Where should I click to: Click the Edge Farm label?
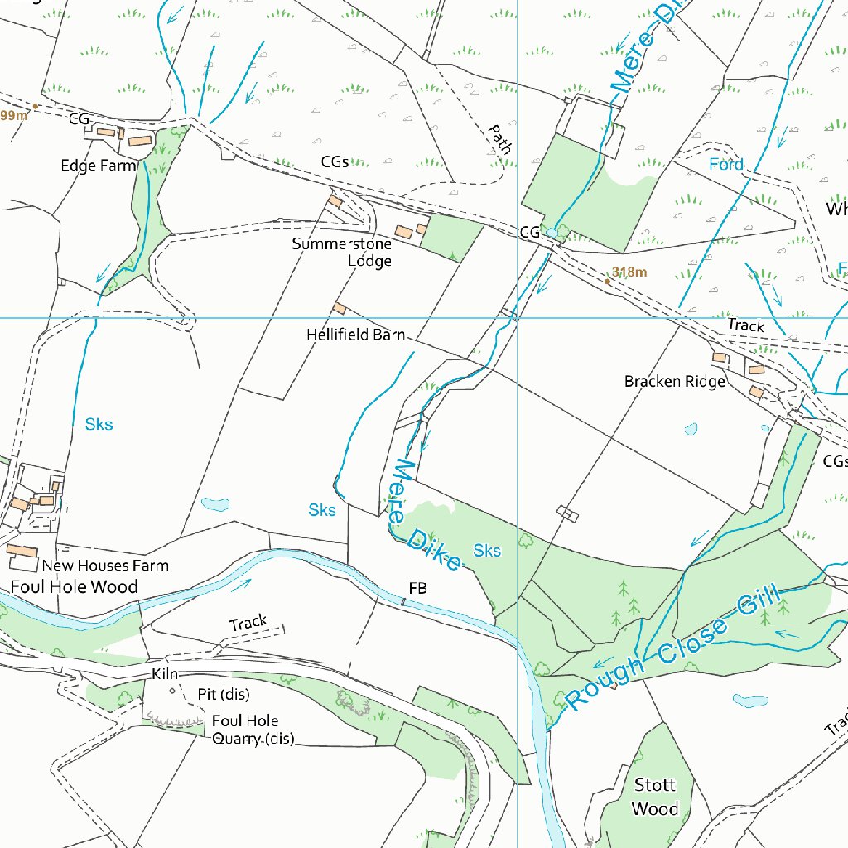98,166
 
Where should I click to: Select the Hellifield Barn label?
355,335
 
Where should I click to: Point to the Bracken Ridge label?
675,381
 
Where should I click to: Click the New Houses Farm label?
105,566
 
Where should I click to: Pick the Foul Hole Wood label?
74,587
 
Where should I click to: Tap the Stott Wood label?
655,797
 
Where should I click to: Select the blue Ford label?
726,165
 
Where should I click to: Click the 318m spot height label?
630,272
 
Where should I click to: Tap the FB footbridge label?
417,588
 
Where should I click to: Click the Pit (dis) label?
223,694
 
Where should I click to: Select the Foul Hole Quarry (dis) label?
248,730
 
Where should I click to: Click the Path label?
499,139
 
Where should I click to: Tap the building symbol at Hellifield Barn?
340,309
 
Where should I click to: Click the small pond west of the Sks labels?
214,503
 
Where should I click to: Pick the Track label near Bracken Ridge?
746,326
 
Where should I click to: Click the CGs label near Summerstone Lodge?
335,162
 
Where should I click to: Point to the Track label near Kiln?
248,622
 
